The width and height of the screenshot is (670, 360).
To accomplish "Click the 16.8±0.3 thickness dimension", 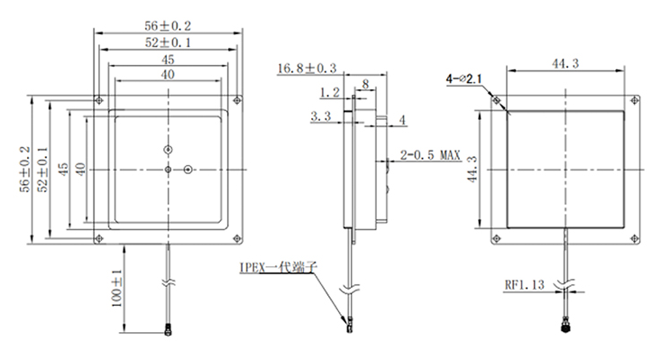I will [307, 68].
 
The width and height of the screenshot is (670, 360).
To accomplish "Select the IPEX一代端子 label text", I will [276, 267].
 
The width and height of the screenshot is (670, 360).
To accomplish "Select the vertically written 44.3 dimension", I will [472, 168].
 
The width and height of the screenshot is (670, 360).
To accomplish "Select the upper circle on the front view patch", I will [168, 149].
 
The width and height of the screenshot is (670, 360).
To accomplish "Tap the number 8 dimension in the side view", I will [363, 84].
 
